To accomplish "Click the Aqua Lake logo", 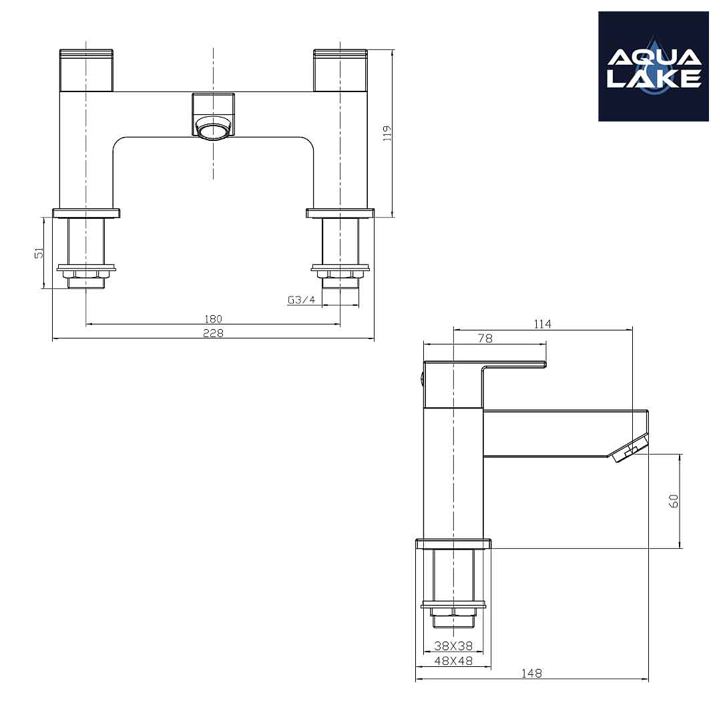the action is point(653,67).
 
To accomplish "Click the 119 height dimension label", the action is point(387,134).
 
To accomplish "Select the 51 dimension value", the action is point(39,252).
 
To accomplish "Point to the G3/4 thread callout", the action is point(302,300).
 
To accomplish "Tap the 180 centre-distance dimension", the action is point(213,318).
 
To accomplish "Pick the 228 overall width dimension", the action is point(213,333).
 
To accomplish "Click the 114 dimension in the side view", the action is point(543,324).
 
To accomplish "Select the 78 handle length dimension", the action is point(485,338).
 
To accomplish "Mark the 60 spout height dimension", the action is point(674,501).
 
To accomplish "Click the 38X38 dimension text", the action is point(453,646).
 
